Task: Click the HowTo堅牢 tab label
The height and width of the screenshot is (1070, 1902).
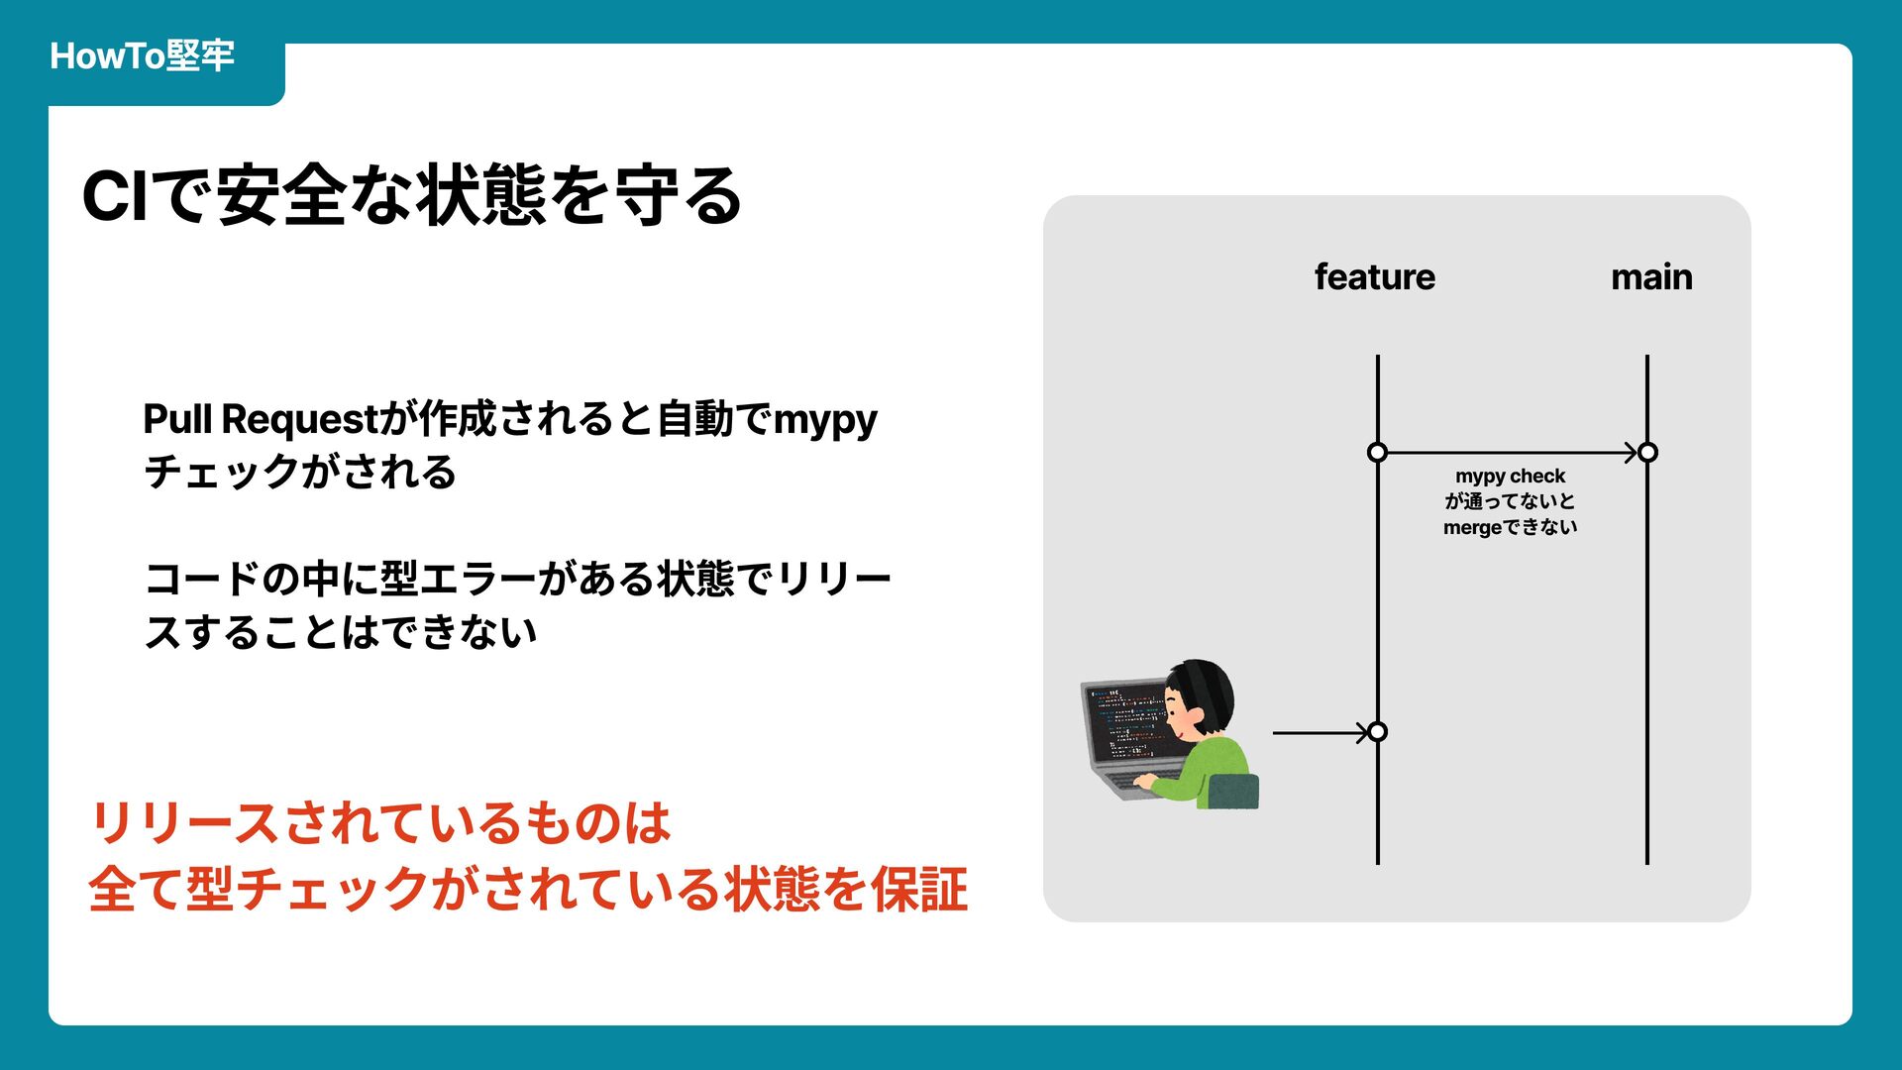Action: click(x=142, y=55)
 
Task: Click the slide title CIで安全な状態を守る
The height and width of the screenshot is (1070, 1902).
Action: click(x=411, y=195)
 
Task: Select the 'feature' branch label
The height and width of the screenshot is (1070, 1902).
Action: click(x=1374, y=276)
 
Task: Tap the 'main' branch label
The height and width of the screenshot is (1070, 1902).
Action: click(x=1651, y=276)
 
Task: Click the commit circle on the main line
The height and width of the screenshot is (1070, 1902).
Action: click(x=1647, y=453)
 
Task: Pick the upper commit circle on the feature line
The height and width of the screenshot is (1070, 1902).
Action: click(x=1377, y=453)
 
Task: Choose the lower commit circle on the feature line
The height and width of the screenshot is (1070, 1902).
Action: click(x=1377, y=732)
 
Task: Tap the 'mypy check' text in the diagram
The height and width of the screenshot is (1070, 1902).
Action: click(x=1510, y=477)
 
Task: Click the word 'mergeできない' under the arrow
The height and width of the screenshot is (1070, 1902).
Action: click(x=1510, y=527)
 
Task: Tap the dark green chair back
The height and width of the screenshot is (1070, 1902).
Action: click(x=1233, y=792)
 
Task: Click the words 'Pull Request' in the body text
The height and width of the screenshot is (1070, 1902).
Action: click(x=261, y=419)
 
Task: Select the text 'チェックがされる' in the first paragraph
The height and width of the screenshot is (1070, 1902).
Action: click(x=299, y=472)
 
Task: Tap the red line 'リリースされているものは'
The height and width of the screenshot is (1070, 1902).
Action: click(x=380, y=823)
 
